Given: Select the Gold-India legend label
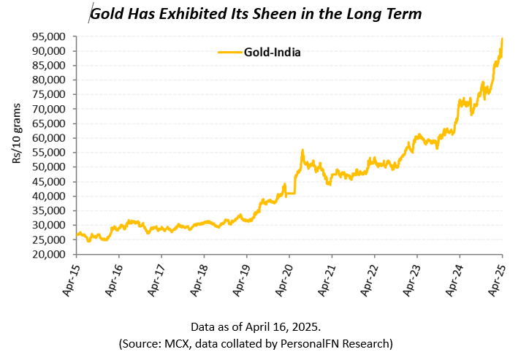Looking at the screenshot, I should tap(273, 52).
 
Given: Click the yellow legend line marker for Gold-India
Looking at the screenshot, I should tap(229, 52).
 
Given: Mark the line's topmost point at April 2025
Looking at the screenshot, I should tap(502, 39).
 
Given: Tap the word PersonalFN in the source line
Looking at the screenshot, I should tap(317, 343).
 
